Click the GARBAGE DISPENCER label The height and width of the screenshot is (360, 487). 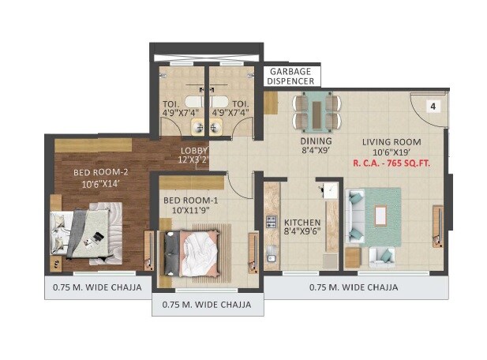click(290, 75)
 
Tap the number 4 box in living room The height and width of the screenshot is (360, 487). click(433, 105)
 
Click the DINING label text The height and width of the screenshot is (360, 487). click(315, 142)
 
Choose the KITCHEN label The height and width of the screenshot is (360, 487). click(302, 222)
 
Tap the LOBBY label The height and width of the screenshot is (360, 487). click(194, 150)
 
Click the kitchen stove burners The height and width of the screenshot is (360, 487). click(271, 221)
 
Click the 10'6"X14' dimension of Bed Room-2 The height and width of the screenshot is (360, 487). click(99, 184)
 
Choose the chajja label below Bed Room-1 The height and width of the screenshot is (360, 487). click(207, 304)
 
